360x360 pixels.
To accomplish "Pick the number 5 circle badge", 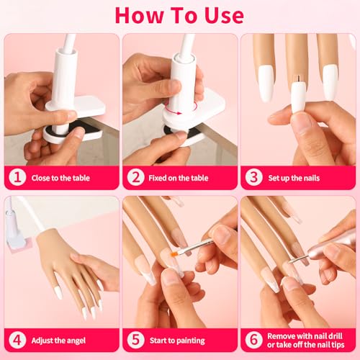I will pyautogui.click(x=135, y=338).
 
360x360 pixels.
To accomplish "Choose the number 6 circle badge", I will pyautogui.click(x=253, y=338).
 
